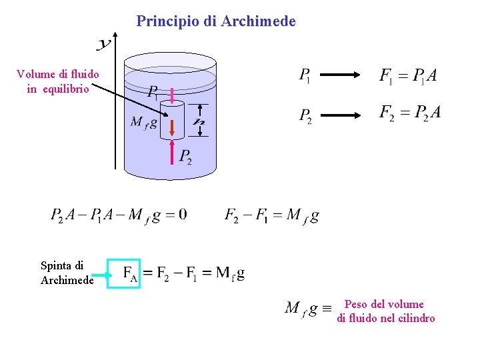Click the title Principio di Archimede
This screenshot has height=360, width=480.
click(x=215, y=21)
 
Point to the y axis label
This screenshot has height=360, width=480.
click(x=103, y=45)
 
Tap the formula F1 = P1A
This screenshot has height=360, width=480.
click(x=408, y=76)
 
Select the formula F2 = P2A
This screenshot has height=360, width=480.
click(x=409, y=113)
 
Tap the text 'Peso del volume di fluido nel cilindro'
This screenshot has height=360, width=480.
click(x=386, y=311)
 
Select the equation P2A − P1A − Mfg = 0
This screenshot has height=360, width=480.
click(x=119, y=215)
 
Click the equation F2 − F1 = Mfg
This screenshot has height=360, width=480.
click(x=271, y=215)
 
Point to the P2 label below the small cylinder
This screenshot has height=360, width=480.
click(x=185, y=157)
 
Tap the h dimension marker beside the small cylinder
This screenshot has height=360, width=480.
click(x=199, y=121)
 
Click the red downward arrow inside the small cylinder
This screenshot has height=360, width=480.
click(x=172, y=125)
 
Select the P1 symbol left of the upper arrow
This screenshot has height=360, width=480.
click(x=304, y=76)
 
